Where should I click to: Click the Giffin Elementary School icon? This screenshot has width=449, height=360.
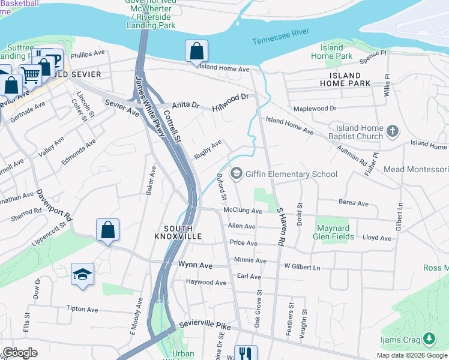coord(237,174)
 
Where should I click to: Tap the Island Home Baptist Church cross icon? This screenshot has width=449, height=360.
coord(393,131)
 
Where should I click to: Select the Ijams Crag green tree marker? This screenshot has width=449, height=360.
coord(429,340)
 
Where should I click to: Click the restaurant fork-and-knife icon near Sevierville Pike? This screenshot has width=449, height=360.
coord(245,353)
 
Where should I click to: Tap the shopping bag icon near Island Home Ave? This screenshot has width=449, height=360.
coord(196,53)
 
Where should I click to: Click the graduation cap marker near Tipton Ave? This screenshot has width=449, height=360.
coord(82,275)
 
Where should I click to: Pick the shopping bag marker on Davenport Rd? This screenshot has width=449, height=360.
coord(107,230)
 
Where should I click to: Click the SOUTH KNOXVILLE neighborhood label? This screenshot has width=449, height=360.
coord(178,233)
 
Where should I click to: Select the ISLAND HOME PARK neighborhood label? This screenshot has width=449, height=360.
coord(345,80)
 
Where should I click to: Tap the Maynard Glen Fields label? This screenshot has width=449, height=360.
coord(333,232)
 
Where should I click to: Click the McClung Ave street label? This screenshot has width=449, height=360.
coord(243,211)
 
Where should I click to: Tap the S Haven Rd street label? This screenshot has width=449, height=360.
coord(279,227)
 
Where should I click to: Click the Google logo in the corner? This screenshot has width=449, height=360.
coord(19,353)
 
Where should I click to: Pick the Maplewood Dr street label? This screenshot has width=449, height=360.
coord(315,109)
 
